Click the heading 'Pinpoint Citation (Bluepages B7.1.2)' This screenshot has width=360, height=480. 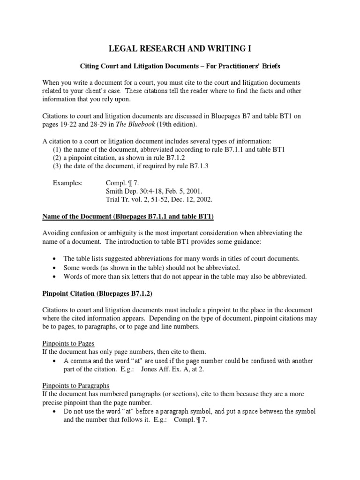97,293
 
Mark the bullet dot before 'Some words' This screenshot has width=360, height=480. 56,268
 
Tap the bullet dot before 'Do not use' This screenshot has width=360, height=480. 56,412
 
